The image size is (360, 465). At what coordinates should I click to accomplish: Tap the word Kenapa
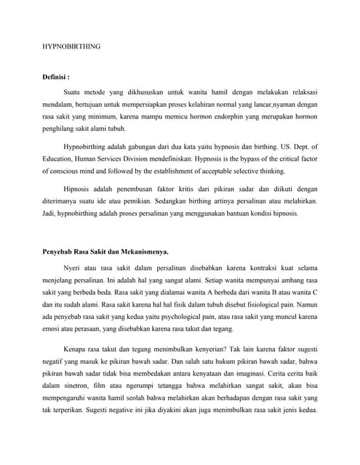(x=77, y=349)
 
